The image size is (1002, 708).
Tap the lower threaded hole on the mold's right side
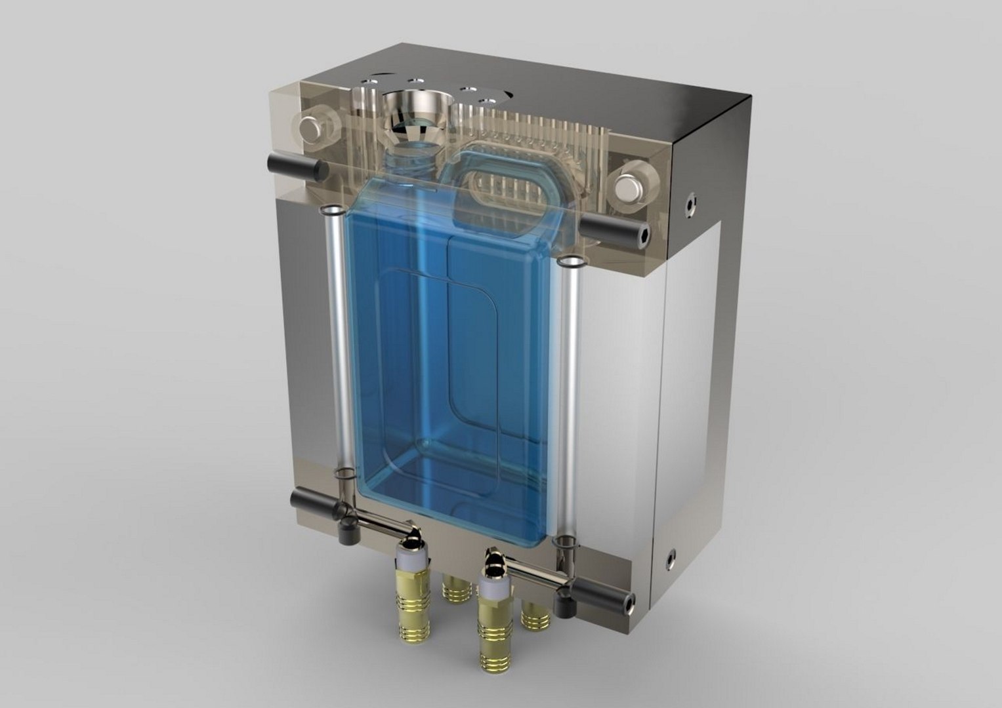click(670, 557)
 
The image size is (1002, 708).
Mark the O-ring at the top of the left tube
click(332, 212)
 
